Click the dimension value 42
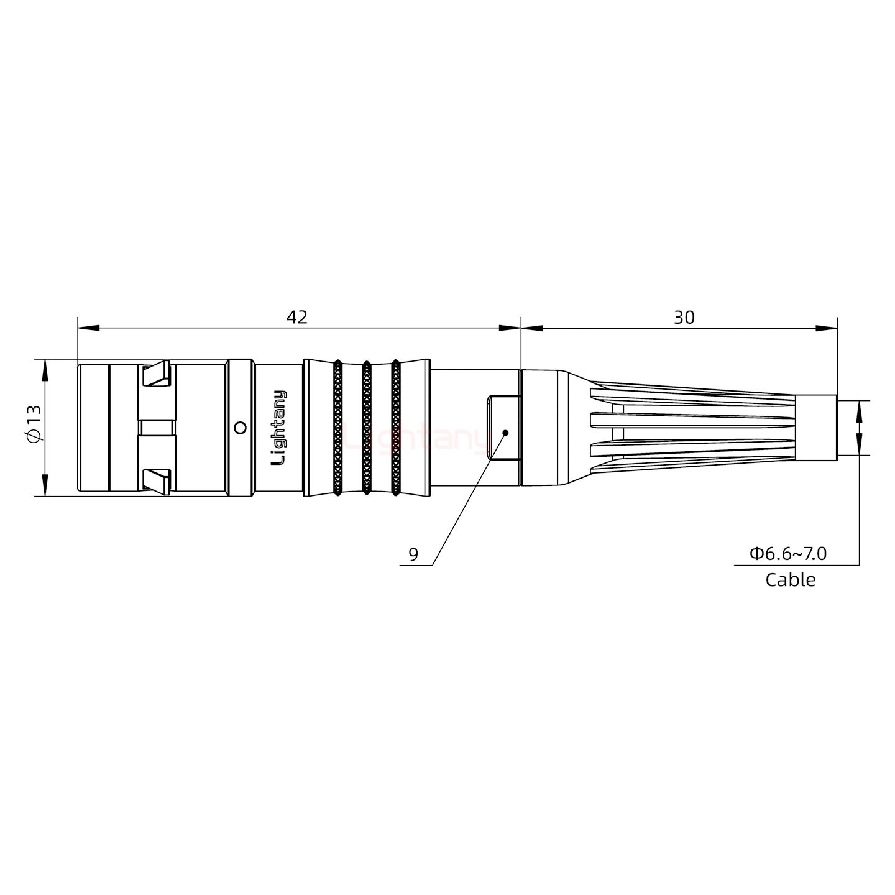tap(296, 317)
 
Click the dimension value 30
tap(684, 317)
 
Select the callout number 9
tap(413, 554)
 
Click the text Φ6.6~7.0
tap(787, 553)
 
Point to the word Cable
tap(790, 580)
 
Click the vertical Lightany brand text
tap(280, 428)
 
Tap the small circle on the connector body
tap(239, 428)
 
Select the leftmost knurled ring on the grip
tap(337, 428)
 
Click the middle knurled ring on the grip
tap(367, 428)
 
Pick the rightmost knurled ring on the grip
tap(395, 428)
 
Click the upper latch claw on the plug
tap(157, 374)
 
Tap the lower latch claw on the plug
tap(157, 481)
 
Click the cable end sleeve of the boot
tap(816, 428)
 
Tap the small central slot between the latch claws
tap(157, 428)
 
